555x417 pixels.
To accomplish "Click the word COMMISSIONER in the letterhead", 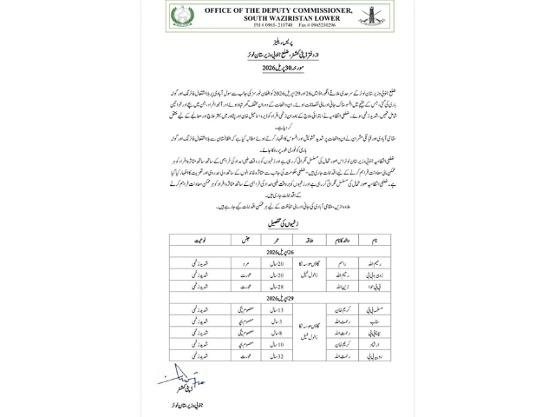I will (325, 10).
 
